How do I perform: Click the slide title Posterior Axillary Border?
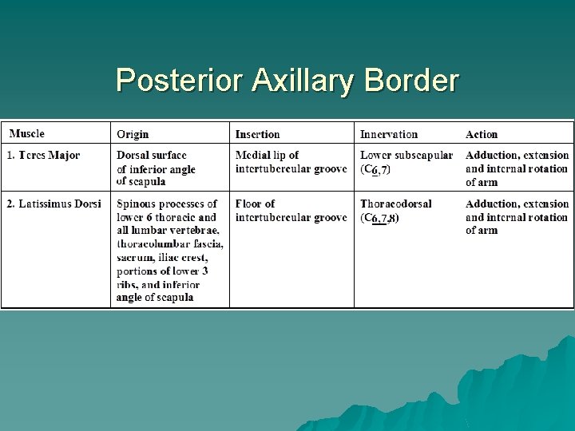(x=287, y=81)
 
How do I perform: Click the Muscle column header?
(x=26, y=134)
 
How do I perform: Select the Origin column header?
(x=133, y=134)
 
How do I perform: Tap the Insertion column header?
(x=257, y=134)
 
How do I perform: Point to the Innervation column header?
(x=389, y=134)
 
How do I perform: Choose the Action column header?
(x=482, y=134)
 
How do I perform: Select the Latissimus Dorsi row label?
(x=54, y=204)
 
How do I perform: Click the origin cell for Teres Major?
(x=156, y=168)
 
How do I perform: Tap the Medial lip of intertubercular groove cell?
(x=291, y=162)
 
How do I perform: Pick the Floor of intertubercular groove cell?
(x=291, y=211)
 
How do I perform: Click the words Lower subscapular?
(x=406, y=155)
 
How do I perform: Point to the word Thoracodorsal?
(x=395, y=204)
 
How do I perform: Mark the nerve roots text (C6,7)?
(x=375, y=169)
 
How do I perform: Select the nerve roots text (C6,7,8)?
(x=379, y=218)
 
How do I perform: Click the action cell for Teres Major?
(x=517, y=168)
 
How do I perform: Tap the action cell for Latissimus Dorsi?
(x=517, y=217)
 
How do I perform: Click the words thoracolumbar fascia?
(x=169, y=243)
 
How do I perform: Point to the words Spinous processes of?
(x=167, y=204)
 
